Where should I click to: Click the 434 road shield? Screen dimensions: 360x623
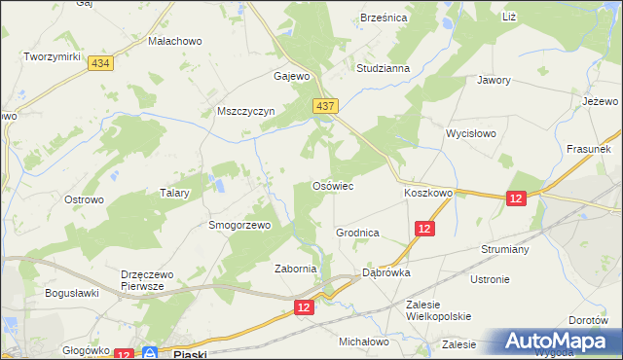coord(98,62)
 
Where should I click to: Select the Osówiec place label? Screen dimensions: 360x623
coord(331,185)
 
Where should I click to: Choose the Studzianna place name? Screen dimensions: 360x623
coord(383,69)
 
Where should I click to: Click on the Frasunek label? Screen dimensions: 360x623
coord(588,150)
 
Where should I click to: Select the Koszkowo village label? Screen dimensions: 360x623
coord(428,194)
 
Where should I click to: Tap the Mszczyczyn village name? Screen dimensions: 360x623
coord(247,112)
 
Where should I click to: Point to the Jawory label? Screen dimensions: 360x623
coord(494,81)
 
